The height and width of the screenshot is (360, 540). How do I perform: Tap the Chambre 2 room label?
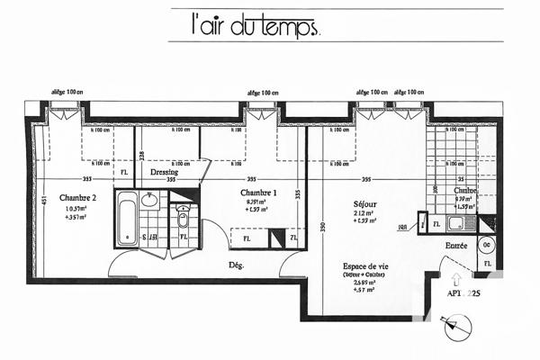[78, 198]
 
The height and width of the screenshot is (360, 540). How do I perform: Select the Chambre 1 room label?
[257, 193]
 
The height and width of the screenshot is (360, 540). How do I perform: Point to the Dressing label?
[164, 172]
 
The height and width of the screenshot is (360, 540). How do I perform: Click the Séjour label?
[364, 203]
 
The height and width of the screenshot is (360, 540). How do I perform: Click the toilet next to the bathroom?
[183, 218]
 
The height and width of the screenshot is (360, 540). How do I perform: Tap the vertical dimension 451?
[43, 203]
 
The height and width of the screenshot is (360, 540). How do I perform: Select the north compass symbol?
[456, 326]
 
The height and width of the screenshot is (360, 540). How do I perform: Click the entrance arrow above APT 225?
[456, 278]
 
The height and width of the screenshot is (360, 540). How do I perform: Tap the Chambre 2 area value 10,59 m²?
[78, 209]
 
